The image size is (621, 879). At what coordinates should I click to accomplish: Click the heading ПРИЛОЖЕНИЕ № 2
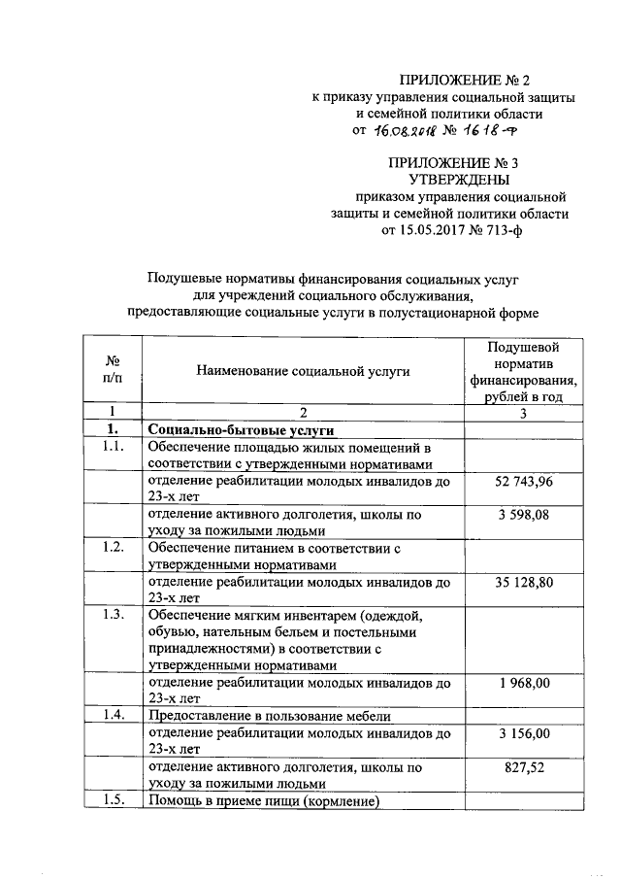(x=467, y=80)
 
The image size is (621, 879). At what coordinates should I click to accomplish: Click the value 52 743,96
(x=524, y=482)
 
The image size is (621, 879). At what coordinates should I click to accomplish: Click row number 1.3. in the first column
(x=113, y=615)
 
